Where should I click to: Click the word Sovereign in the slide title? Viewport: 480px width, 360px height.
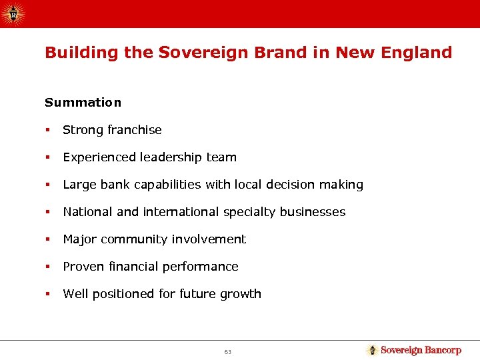[197, 52]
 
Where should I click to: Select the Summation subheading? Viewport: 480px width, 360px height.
[83, 103]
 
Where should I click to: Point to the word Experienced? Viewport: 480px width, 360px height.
[99, 157]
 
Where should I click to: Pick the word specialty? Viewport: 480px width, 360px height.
[250, 212]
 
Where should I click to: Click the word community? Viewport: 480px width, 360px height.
[137, 239]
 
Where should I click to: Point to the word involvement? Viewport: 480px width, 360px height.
[209, 239]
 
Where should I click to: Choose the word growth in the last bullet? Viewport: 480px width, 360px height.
[242, 294]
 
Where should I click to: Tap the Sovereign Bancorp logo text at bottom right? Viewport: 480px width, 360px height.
[421, 350]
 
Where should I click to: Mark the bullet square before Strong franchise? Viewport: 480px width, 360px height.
[48, 131]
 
